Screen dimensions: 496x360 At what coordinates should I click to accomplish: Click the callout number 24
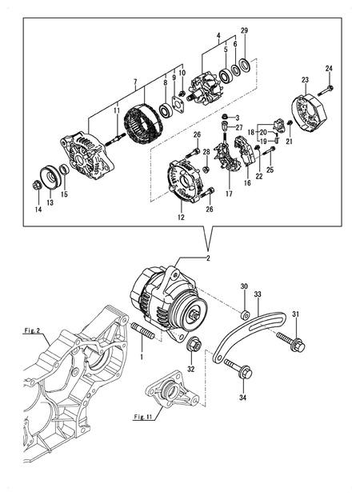pos(329,69)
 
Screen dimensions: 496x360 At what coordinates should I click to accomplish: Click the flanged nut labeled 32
pos(194,345)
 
